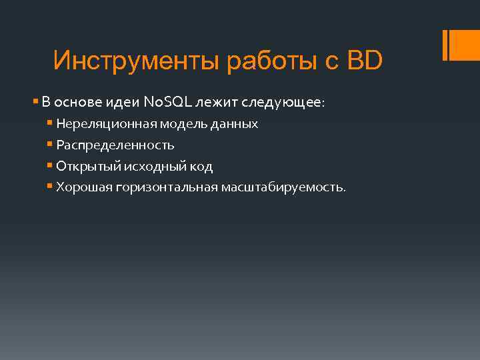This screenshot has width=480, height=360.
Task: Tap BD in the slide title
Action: coord(365,61)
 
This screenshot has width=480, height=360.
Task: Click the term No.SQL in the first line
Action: coord(167,103)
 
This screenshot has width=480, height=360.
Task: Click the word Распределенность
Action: coord(115,145)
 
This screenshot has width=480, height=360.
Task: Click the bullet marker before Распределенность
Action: coord(50,145)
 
